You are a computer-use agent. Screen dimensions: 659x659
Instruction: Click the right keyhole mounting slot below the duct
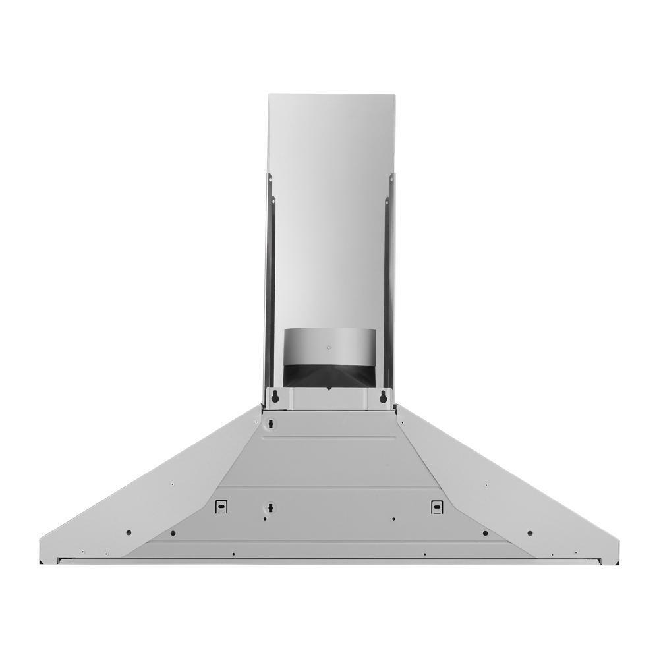383,397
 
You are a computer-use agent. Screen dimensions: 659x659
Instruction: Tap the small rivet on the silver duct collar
328,343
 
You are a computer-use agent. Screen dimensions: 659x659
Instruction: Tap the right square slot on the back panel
436,506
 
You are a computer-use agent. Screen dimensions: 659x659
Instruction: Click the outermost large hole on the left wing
129,532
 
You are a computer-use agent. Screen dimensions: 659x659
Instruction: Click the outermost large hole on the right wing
530,532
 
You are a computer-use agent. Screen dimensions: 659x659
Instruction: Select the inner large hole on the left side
173,532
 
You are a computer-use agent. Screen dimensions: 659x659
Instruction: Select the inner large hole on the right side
486,532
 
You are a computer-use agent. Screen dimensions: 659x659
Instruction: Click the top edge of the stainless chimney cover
331,95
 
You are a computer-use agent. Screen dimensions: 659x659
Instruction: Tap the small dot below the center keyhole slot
265,519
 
